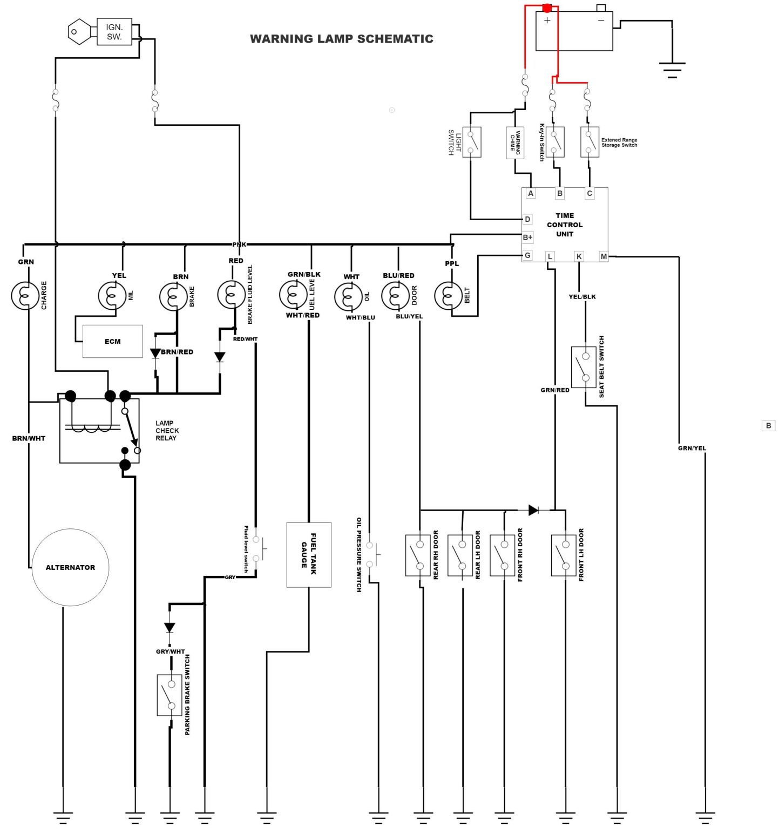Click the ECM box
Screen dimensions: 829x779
click(112, 341)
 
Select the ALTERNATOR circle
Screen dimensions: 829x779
click(70, 567)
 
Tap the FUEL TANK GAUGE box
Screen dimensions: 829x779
click(308, 554)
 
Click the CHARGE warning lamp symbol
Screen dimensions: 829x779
click(25, 296)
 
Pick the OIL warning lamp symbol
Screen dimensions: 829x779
click(348, 297)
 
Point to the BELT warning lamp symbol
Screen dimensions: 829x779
click(448, 296)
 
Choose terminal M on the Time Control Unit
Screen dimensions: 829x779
click(604, 256)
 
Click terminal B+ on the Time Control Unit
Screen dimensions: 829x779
click(527, 237)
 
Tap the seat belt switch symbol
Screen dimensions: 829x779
click(584, 367)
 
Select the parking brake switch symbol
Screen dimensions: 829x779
click(170, 695)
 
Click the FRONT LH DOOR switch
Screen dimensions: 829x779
click(564, 555)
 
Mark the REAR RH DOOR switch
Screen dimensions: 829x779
click(417, 555)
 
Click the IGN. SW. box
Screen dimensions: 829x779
click(114, 32)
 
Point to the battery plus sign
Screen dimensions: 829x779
click(547, 21)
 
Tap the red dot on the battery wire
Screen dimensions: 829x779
click(547, 8)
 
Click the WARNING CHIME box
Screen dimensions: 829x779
click(515, 142)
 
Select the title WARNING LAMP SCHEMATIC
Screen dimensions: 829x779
click(341, 39)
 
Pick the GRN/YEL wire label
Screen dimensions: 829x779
click(692, 448)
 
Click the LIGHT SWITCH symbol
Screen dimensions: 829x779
click(472, 142)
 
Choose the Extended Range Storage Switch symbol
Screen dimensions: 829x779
click(590, 142)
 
